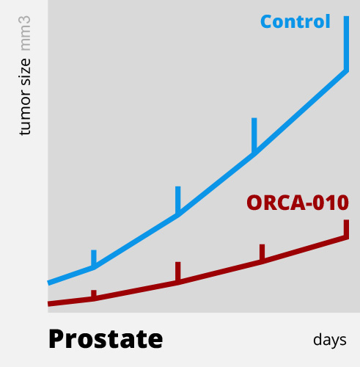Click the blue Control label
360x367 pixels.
click(295, 21)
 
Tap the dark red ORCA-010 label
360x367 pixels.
click(298, 203)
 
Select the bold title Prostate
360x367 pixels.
click(106, 340)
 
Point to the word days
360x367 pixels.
click(330, 341)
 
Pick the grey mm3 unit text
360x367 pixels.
click(25, 34)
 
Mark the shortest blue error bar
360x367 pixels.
click(94, 258)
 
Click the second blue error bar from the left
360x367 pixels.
click(178, 200)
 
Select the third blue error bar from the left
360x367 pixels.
click(254, 135)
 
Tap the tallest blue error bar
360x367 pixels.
click(346, 43)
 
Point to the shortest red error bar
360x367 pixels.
click(94, 294)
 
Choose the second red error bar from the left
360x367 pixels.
click(178, 272)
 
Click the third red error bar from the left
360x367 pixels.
click(262, 252)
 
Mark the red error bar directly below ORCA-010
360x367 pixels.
click(346, 229)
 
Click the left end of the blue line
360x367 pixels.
click(48, 283)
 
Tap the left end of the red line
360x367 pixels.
click(48, 304)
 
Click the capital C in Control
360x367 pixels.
click(267, 21)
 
